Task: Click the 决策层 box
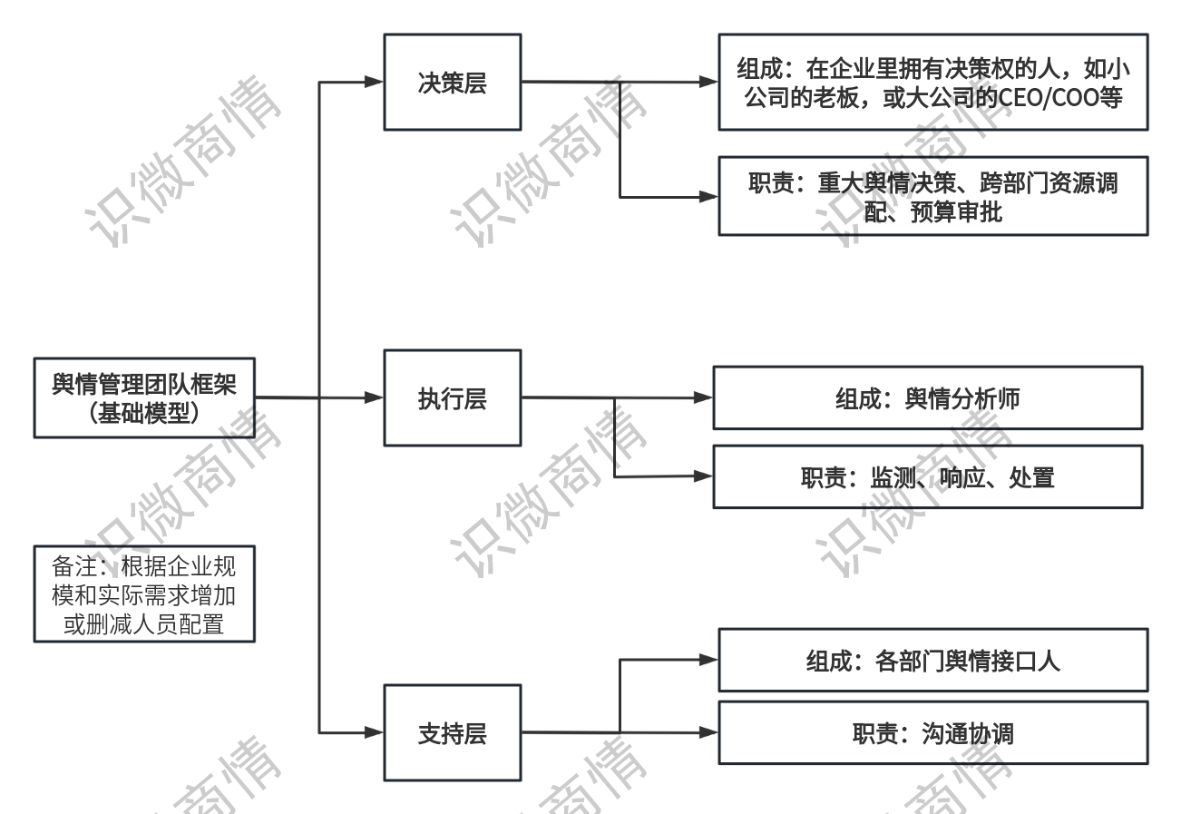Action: pyautogui.click(x=452, y=83)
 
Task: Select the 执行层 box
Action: pyautogui.click(x=452, y=398)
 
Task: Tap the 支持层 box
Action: pyautogui.click(x=452, y=733)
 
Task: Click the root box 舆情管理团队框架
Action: pyautogui.click(x=144, y=398)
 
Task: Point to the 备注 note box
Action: pyautogui.click(x=144, y=593)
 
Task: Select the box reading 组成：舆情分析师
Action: pyautogui.click(x=927, y=398)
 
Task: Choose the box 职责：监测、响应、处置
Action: pyautogui.click(x=927, y=476)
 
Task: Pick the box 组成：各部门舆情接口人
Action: pyautogui.click(x=932, y=660)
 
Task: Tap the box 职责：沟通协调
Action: pyautogui.click(x=932, y=733)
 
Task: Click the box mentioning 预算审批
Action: pyautogui.click(x=932, y=196)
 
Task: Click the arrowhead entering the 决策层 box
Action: pyautogui.click(x=374, y=83)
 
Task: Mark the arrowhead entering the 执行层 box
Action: pyautogui.click(x=374, y=398)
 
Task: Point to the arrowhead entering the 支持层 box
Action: pyautogui.click(x=374, y=731)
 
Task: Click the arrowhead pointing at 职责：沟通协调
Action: pyautogui.click(x=708, y=731)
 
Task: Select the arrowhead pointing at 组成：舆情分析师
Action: pyautogui.click(x=703, y=397)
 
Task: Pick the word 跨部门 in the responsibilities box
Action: pyautogui.click(x=1014, y=183)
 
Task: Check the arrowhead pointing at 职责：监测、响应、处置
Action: pyautogui.click(x=703, y=476)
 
